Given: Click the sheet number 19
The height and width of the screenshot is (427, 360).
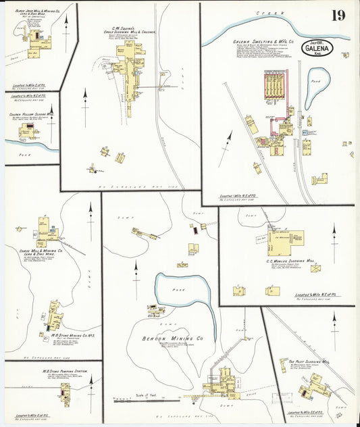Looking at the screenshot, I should coord(338,15).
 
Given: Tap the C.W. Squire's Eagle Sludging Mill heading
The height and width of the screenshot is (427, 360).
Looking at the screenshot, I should coord(130,28).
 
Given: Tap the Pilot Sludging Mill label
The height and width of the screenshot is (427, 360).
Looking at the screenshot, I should coord(309,362).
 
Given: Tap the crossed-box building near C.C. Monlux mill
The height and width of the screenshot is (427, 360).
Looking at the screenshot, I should coord(315,268).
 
